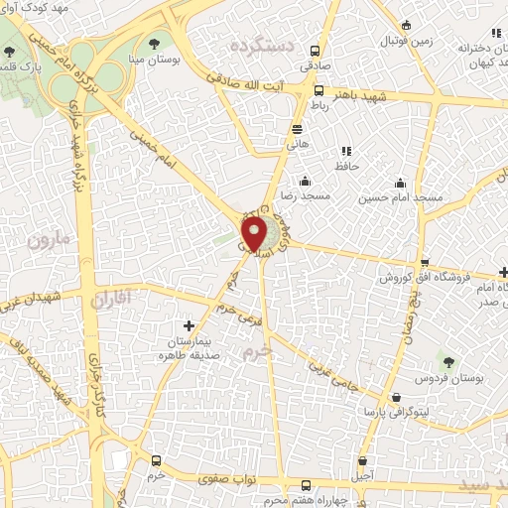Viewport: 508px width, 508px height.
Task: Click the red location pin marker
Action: (254, 235)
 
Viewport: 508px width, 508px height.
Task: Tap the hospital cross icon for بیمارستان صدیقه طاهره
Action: (190, 325)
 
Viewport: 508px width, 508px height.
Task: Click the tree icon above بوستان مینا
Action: (155, 43)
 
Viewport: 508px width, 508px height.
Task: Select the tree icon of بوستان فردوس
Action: (448, 362)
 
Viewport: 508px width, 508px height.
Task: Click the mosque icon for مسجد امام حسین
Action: (400, 183)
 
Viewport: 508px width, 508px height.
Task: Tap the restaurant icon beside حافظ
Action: (346, 151)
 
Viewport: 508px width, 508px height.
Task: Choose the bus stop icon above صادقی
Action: (315, 52)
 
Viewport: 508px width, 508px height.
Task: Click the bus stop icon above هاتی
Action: (297, 129)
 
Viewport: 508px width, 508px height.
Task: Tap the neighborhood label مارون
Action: (51, 240)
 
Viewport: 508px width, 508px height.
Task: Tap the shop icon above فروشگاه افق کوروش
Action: (426, 262)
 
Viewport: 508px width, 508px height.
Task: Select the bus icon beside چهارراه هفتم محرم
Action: (307, 486)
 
